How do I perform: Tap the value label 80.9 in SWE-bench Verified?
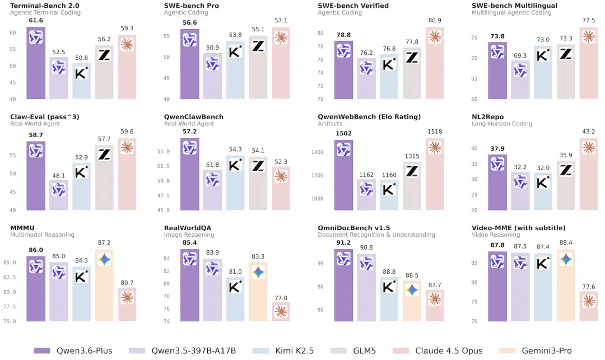pyautogui.click(x=435, y=21)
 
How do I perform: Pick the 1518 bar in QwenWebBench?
pyautogui.click(x=435, y=174)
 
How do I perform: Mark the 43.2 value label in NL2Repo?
pyautogui.click(x=588, y=132)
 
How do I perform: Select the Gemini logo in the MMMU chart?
pyautogui.click(x=104, y=259)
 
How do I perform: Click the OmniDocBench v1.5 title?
pyautogui.click(x=353, y=228)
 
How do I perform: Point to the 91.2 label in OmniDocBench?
pyautogui.click(x=343, y=243)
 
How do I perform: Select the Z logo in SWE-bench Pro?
pyautogui.click(x=258, y=46)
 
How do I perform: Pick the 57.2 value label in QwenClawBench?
pyautogui.click(x=189, y=132)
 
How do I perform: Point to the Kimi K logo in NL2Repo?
pyautogui.click(x=542, y=183)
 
